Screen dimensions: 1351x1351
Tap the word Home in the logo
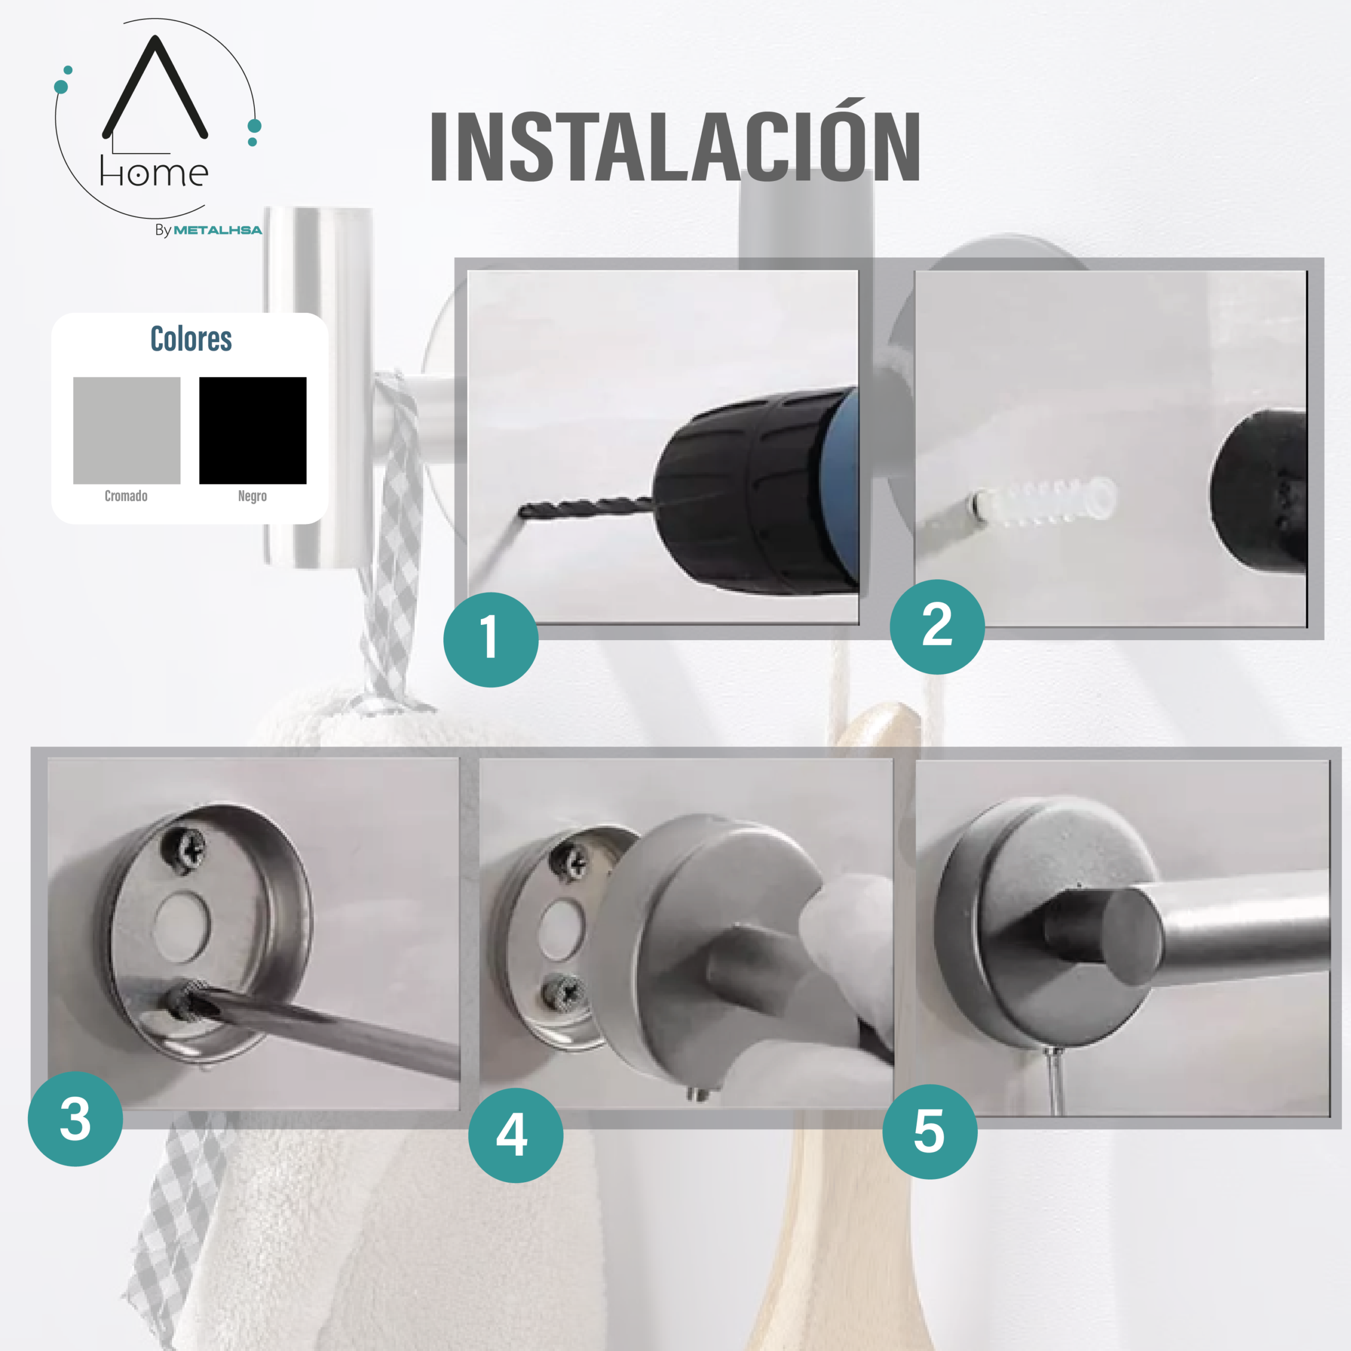tap(154, 172)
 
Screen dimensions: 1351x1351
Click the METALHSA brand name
tap(217, 230)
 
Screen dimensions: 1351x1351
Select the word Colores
tap(191, 339)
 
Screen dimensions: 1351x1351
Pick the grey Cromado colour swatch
tap(127, 431)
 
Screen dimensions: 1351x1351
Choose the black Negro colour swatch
tap(252, 431)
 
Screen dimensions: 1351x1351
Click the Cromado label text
tap(126, 496)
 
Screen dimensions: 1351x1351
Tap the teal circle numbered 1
tap(491, 639)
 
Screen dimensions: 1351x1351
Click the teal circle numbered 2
tap(937, 626)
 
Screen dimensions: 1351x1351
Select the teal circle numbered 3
tap(75, 1119)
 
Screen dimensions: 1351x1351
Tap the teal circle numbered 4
tap(516, 1135)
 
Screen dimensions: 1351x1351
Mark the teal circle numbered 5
tap(930, 1131)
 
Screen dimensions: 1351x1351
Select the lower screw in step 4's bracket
tap(565, 994)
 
